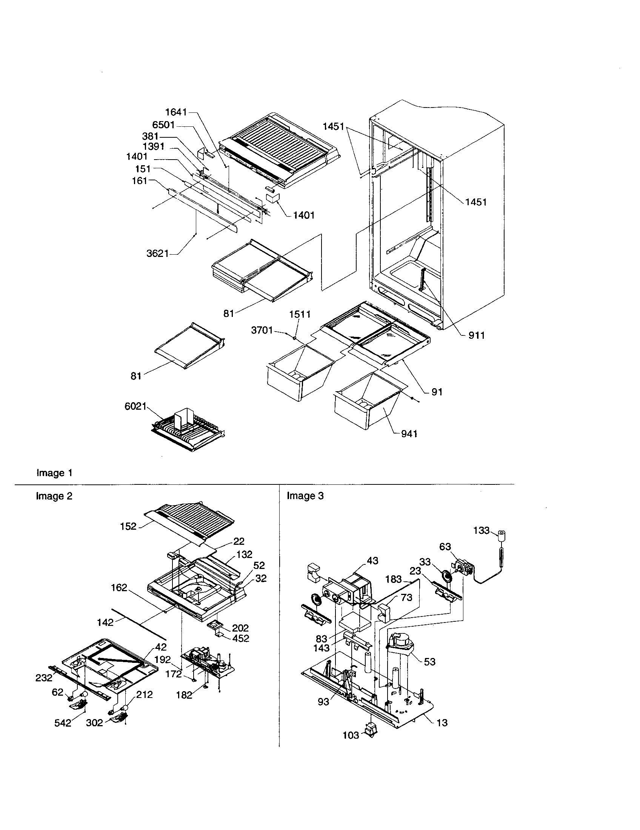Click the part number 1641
pyautogui.click(x=176, y=112)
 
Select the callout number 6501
pyautogui.click(x=163, y=124)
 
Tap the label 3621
pyautogui.click(x=157, y=253)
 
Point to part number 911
pyautogui.click(x=477, y=335)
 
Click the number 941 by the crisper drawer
pyautogui.click(x=409, y=433)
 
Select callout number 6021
pyautogui.click(x=135, y=406)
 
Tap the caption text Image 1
pyautogui.click(x=54, y=473)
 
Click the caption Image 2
pyautogui.click(x=54, y=496)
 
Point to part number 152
pyautogui.click(x=128, y=526)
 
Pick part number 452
pyautogui.click(x=241, y=638)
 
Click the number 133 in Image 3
pyautogui.click(x=482, y=530)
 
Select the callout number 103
pyautogui.click(x=351, y=735)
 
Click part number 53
pyautogui.click(x=429, y=662)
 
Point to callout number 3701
pyautogui.click(x=262, y=330)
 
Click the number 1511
pyautogui.click(x=300, y=314)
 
